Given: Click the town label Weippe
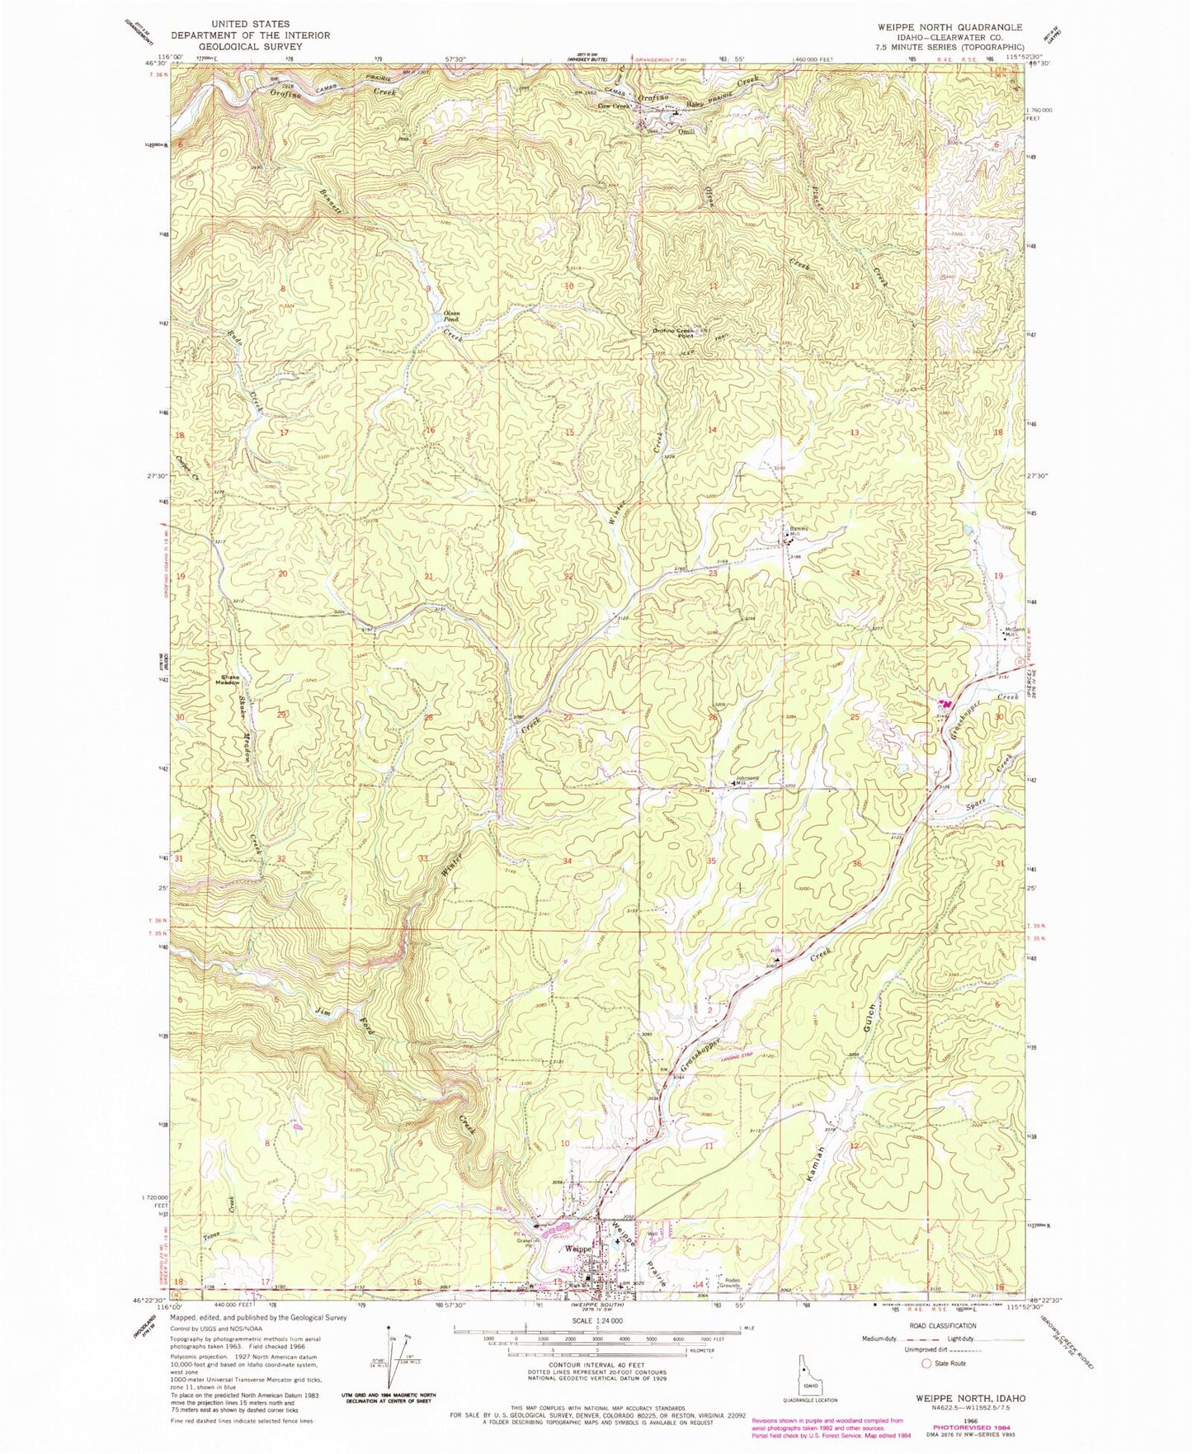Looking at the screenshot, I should click(x=577, y=1249).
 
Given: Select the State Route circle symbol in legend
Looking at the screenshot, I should click(x=926, y=1363).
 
